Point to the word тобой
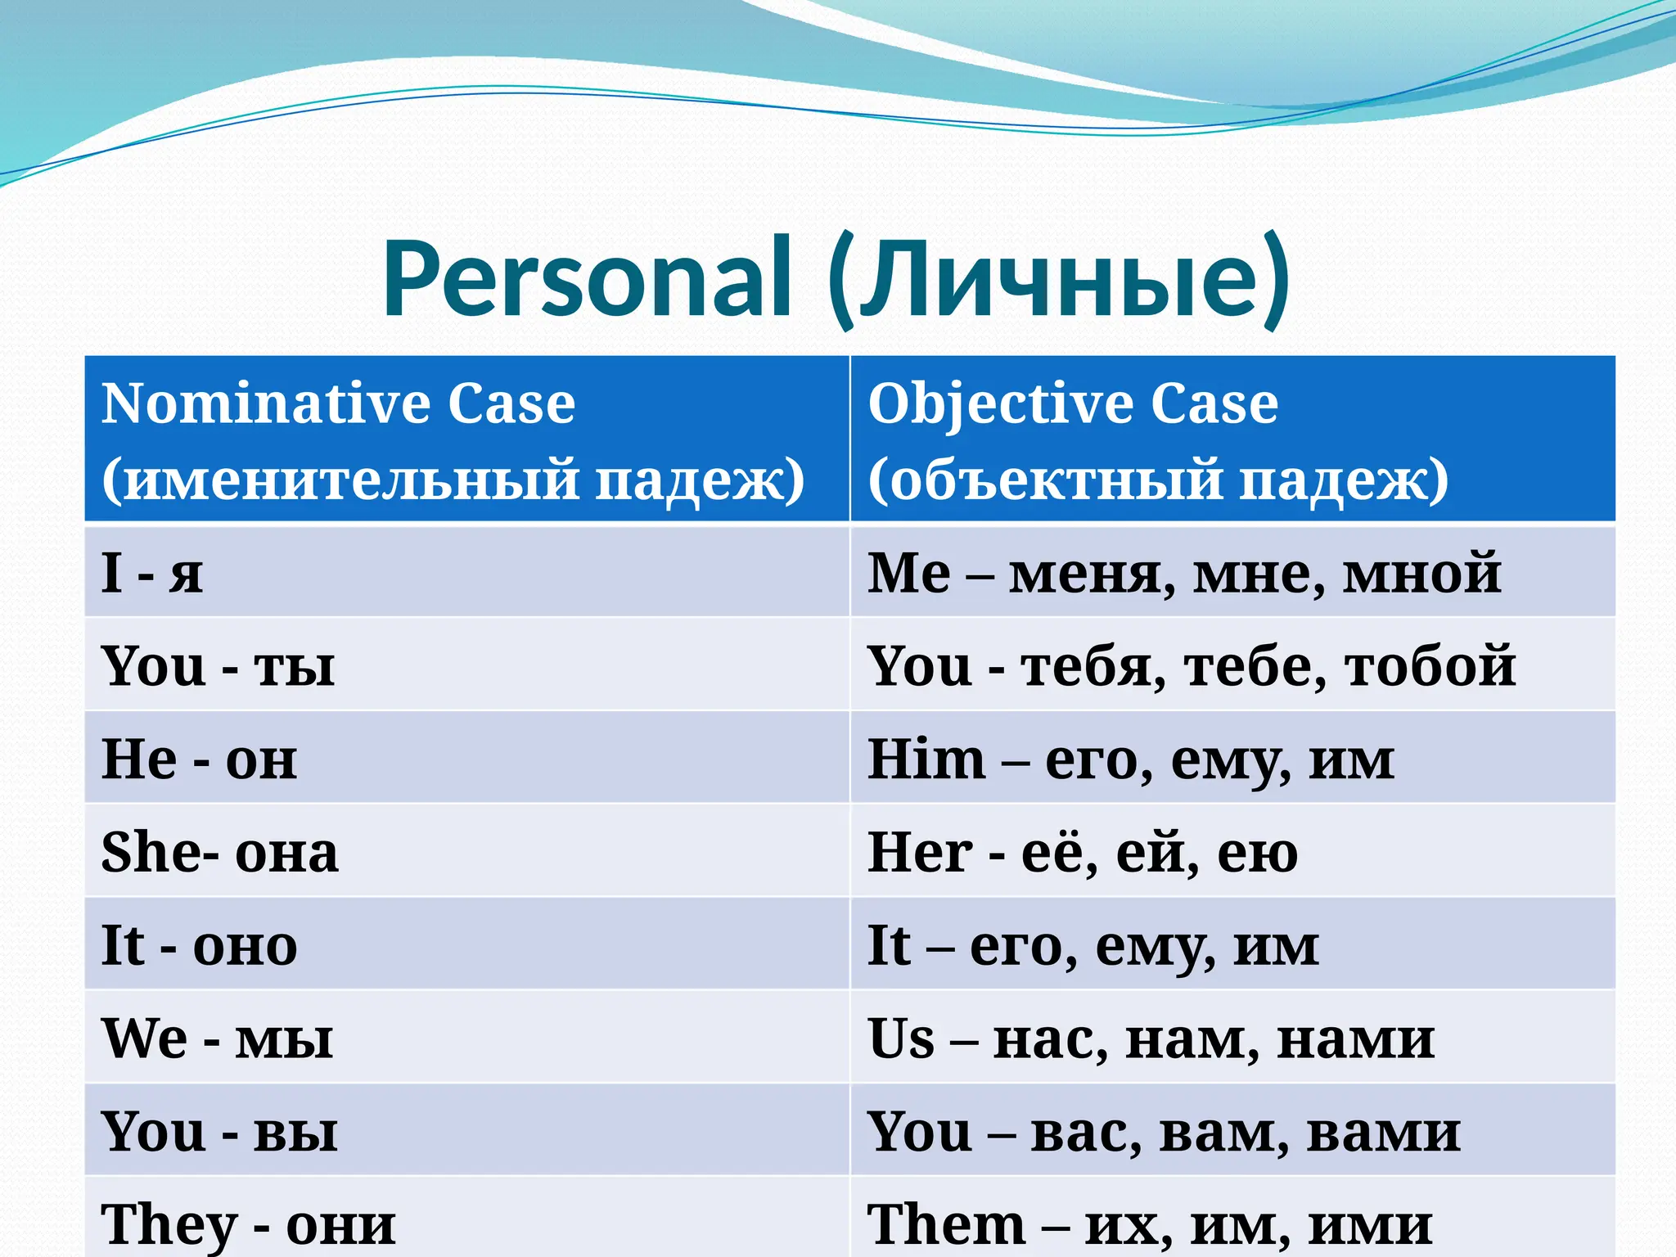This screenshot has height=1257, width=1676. pyautogui.click(x=1430, y=665)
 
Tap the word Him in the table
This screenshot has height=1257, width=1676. pyautogui.click(x=926, y=759)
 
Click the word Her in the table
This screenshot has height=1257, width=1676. pyautogui.click(x=919, y=852)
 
